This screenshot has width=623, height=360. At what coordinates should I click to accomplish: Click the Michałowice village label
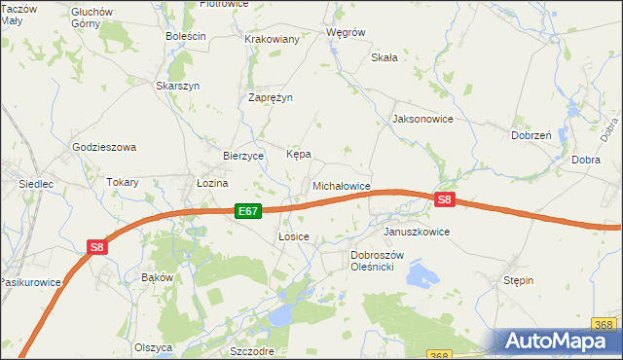[x=341, y=185]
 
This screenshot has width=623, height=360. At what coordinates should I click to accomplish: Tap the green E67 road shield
[x=248, y=210]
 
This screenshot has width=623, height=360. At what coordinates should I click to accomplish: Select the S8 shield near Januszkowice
[x=445, y=199]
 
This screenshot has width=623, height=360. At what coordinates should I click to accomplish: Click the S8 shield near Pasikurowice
[x=97, y=247]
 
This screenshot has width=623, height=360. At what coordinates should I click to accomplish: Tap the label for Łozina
[x=211, y=183]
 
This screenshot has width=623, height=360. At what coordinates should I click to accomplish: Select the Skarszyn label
[x=177, y=86]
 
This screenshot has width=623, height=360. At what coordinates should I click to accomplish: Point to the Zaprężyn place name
[x=271, y=98]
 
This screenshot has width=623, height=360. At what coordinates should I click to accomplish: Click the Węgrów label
[x=346, y=32]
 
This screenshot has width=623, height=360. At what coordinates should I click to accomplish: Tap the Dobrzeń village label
[x=531, y=136]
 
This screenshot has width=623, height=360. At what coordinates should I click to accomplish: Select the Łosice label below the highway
[x=293, y=236]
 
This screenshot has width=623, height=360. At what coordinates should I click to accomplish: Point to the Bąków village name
[x=157, y=277]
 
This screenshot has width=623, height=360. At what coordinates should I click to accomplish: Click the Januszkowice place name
[x=417, y=233]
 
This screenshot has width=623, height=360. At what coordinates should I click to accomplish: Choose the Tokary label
[x=123, y=182]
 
